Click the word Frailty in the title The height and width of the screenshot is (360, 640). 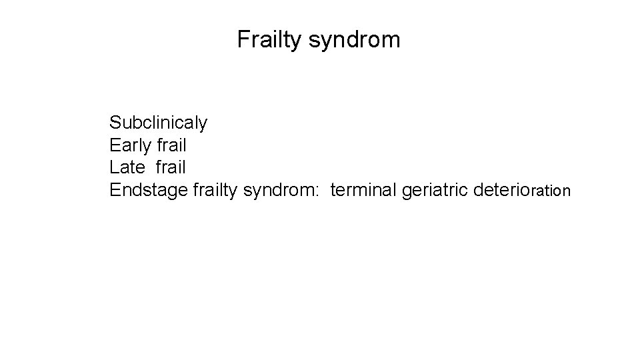click(270, 41)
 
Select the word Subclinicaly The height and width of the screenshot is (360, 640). click(159, 123)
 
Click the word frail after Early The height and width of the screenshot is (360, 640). click(170, 145)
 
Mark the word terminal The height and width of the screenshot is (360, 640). click(363, 191)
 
